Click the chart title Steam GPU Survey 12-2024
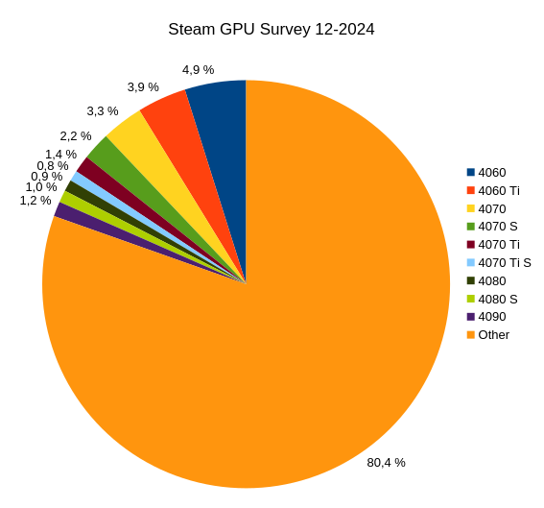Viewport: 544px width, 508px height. [272, 29]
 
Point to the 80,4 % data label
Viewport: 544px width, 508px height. [386, 462]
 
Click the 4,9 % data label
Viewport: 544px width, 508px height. [198, 69]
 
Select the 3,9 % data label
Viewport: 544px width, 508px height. [143, 86]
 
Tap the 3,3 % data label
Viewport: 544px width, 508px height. [103, 110]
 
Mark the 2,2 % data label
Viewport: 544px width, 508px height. [76, 135]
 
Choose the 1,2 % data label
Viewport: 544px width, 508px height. [35, 200]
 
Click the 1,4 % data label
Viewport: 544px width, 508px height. [60, 154]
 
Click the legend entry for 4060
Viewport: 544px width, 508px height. [491, 172]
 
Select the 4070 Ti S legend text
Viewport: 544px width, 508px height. [504, 262]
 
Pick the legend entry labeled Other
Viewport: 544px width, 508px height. [493, 334]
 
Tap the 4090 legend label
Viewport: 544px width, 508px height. [491, 316]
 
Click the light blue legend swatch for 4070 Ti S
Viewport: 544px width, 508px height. [471, 262]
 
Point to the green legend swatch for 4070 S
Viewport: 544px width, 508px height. [471, 226]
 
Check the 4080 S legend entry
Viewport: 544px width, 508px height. [497, 299]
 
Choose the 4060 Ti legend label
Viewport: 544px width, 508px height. [498, 190]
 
